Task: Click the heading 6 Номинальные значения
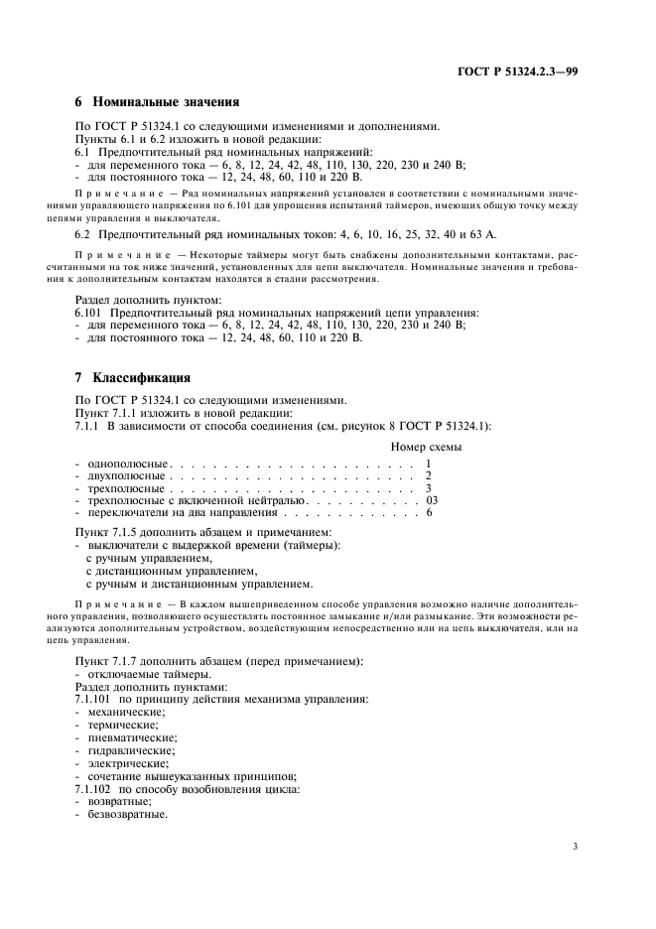(157, 101)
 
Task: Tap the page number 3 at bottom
(576, 847)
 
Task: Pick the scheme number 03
(431, 500)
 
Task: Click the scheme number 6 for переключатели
(429, 512)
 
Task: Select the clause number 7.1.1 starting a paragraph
(88, 425)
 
